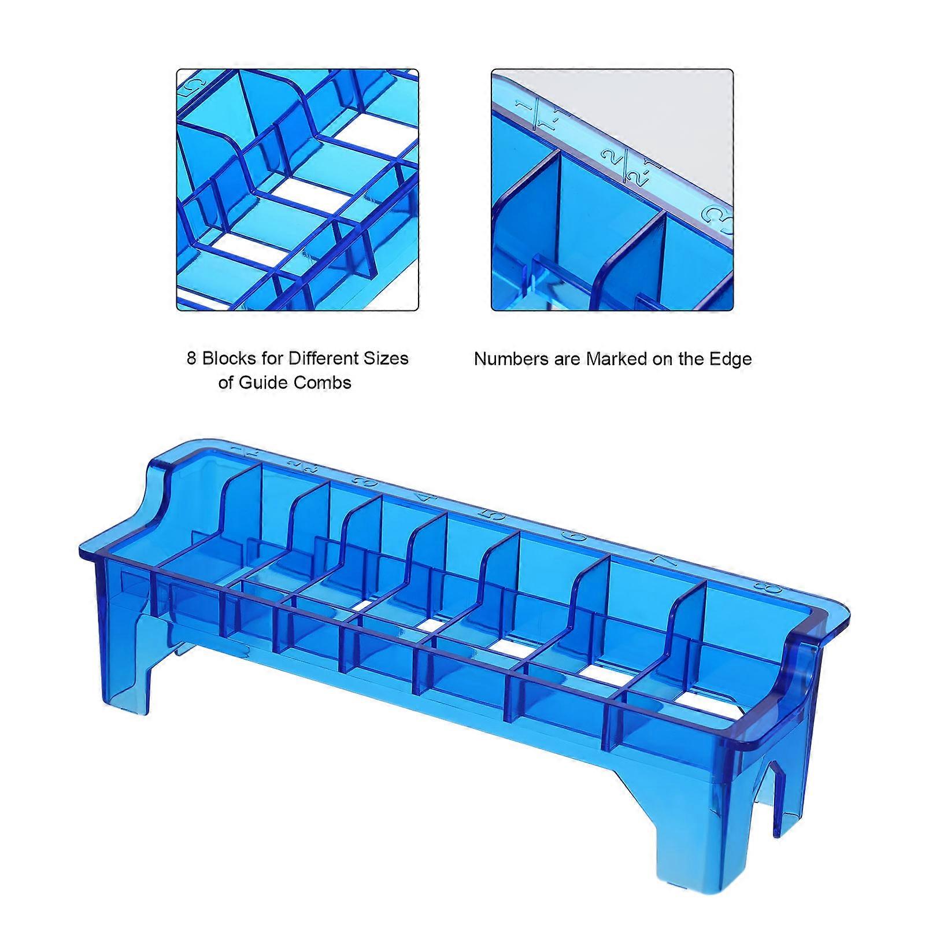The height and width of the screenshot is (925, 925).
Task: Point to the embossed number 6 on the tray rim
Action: coord(569,536)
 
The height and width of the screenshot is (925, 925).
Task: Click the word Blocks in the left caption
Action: coord(228,358)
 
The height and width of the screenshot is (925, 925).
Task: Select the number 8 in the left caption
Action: coord(191,358)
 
